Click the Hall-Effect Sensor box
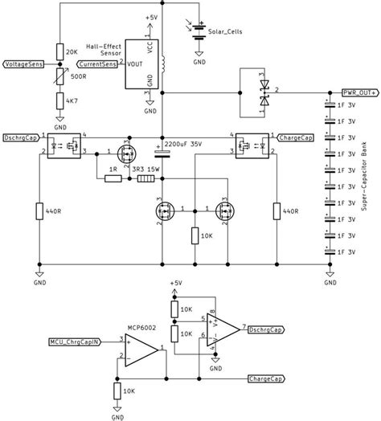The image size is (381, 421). [139, 63]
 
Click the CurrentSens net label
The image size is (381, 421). [96, 63]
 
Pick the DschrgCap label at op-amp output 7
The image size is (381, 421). [264, 329]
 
